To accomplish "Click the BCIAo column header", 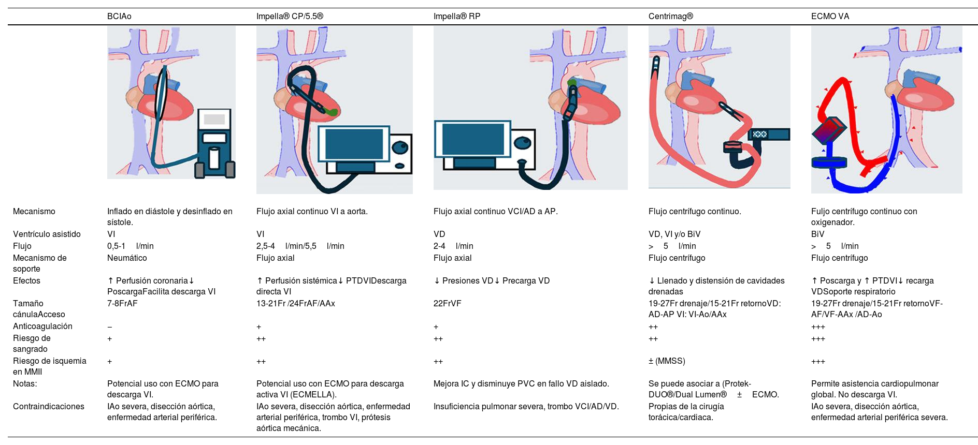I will tap(119, 17).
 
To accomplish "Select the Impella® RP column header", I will tap(456, 17).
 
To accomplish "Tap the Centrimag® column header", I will tap(670, 17).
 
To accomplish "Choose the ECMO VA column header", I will tap(830, 17).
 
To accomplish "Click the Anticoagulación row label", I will tap(42, 327).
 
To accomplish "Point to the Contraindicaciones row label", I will tap(48, 407).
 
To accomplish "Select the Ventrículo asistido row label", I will tap(47, 234).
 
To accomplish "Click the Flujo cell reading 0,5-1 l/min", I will tap(130, 246).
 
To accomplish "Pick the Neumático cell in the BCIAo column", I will tap(127, 258).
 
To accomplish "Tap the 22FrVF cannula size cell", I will tap(447, 304).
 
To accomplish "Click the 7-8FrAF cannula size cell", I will tap(122, 304).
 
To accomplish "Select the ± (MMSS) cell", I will tap(667, 361).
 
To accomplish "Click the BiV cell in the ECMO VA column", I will tap(817, 234).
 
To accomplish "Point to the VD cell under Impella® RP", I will tap(439, 234).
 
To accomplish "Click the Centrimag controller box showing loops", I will tap(769, 135).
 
